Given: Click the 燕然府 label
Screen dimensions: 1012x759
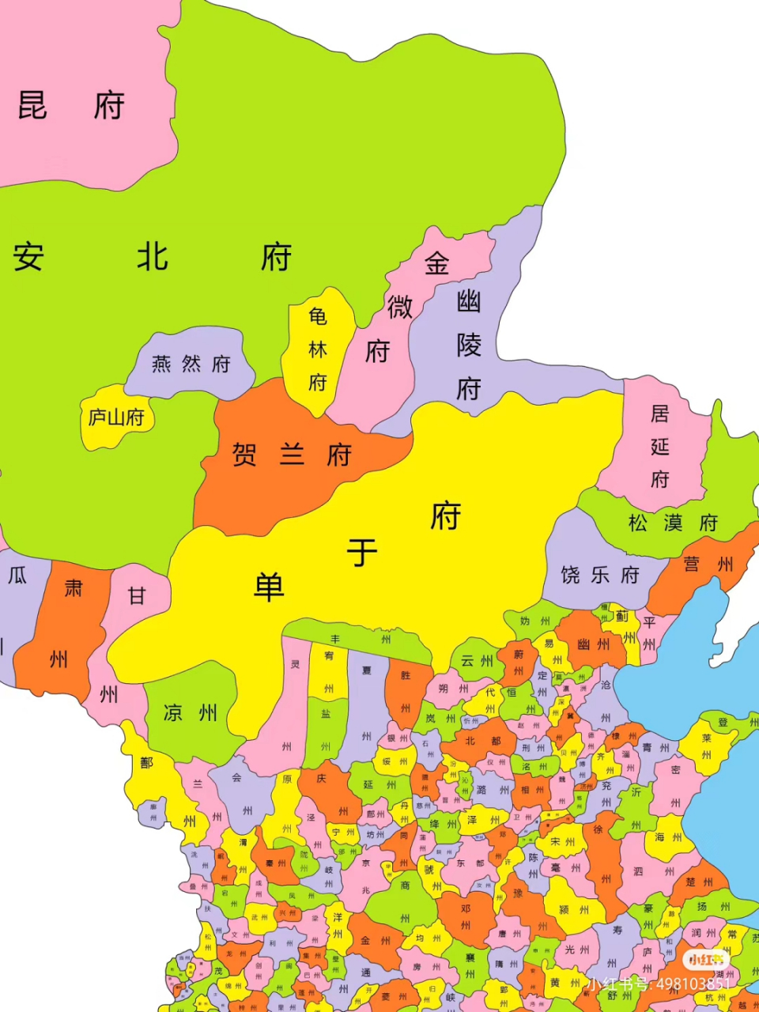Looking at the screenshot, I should coord(191,364).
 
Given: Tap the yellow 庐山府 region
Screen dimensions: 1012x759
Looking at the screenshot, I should coord(116,417).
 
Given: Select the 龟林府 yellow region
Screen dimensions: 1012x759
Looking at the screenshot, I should coord(318,349).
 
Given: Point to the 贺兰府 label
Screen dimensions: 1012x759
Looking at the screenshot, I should coord(291,455).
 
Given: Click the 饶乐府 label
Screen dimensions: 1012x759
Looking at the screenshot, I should coord(599,575).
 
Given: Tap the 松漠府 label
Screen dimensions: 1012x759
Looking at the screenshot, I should coord(673,523).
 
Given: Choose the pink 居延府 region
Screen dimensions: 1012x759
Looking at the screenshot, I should coord(659,446).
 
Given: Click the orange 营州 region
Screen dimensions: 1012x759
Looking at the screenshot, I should coord(707,564).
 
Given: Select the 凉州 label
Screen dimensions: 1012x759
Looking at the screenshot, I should coord(191,713).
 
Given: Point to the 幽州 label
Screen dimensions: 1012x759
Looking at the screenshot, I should coord(593,644).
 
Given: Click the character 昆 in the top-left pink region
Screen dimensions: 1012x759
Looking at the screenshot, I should coord(32,105).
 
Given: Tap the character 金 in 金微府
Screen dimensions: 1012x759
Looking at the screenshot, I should coord(437,263).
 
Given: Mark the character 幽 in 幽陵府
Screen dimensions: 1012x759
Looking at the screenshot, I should coord(468,300).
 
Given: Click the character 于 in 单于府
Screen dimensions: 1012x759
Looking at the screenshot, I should coord(362,553).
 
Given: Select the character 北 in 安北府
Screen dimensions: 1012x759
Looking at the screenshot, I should coord(152,257).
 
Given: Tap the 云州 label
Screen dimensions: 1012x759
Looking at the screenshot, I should coord(477,661).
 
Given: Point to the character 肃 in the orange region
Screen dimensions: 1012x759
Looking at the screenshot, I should coord(74,587).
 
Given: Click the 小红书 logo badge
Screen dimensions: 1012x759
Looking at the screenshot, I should coord(706,960).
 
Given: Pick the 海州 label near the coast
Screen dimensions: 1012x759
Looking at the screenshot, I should coord(669,837).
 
